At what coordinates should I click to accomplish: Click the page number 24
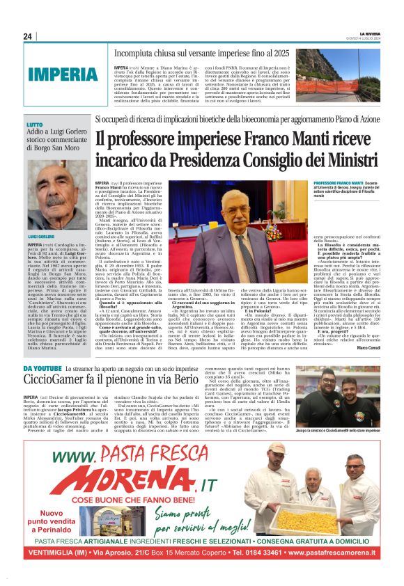[x=28, y=36]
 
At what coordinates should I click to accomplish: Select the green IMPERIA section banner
[x=63, y=74]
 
